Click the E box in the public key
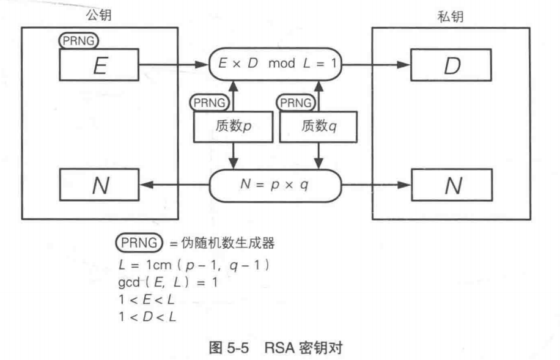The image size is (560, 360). (100, 65)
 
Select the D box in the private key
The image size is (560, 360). (451, 65)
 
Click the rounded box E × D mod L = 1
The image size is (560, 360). (275, 64)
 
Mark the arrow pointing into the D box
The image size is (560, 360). (375, 64)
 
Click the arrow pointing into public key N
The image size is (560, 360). (174, 186)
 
